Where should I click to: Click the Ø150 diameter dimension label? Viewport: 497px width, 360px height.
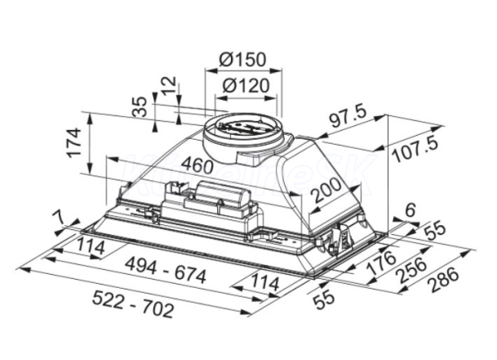click(243, 60)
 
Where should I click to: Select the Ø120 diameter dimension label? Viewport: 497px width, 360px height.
click(246, 85)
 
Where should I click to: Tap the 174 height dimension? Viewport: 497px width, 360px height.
click(73, 142)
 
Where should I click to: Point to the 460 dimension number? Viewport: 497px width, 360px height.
click(197, 165)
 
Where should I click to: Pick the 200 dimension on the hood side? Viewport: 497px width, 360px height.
click(326, 190)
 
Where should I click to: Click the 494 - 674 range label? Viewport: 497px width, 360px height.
click(166, 270)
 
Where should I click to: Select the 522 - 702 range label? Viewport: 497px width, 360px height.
click(133, 304)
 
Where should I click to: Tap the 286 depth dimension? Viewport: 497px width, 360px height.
click(445, 281)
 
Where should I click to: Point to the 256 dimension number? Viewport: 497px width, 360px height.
click(412, 270)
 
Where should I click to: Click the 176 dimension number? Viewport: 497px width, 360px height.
click(381, 262)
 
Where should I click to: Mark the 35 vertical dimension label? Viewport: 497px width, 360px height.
click(140, 107)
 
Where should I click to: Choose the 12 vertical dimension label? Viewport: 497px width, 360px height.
click(168, 85)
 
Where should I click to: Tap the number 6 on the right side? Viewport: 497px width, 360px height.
click(411, 210)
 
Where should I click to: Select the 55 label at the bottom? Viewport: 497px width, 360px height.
click(324, 300)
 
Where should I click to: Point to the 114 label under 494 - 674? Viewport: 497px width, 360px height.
click(264, 283)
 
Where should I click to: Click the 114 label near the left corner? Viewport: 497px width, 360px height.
click(90, 247)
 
